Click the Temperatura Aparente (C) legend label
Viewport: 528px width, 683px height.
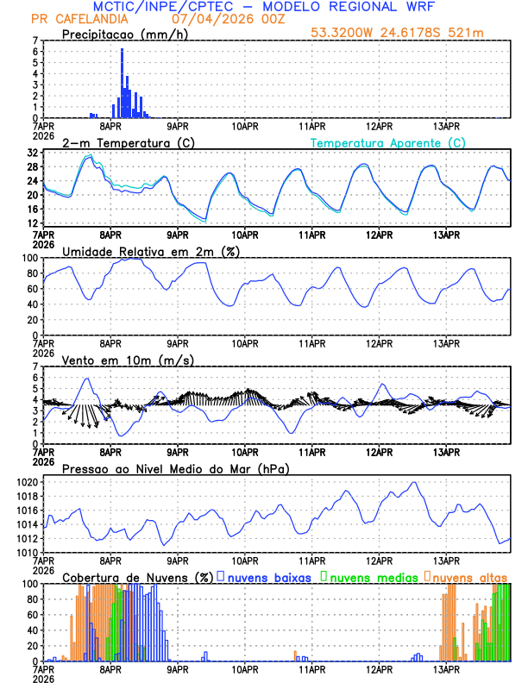pos(387,142)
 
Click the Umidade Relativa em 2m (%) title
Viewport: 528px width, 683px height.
pos(150,251)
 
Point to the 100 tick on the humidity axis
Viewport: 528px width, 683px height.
pos(29,258)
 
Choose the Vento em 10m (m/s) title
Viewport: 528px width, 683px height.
pos(128,360)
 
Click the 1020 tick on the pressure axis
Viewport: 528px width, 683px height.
pos(26,482)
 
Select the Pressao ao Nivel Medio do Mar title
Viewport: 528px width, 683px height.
pos(176,468)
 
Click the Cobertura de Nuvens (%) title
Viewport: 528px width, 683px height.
pos(137,577)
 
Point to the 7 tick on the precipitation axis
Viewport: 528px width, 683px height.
pos(35,41)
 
